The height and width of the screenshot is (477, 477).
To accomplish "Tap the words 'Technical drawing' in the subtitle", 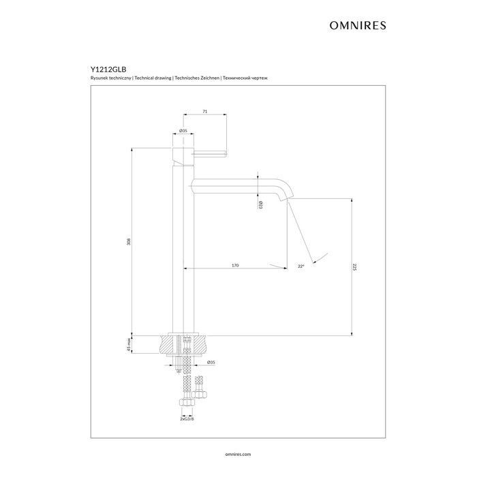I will pos(153,79).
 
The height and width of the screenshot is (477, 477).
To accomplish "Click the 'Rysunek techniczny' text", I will pos(112,79).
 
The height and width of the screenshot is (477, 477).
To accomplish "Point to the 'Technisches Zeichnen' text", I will pos(198,79).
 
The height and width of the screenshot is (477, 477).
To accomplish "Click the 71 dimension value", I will pos(205,110).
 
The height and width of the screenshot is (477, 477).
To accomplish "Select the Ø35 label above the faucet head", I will pos(183,130).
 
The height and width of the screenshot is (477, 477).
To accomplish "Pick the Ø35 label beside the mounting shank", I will pos(211,363).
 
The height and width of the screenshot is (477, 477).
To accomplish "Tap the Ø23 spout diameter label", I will pos(261,204).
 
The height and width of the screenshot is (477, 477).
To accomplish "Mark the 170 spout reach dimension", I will pos(235,264).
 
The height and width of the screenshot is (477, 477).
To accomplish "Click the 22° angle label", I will pos(301,266).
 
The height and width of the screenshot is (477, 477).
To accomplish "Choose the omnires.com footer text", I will pos(238,452).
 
